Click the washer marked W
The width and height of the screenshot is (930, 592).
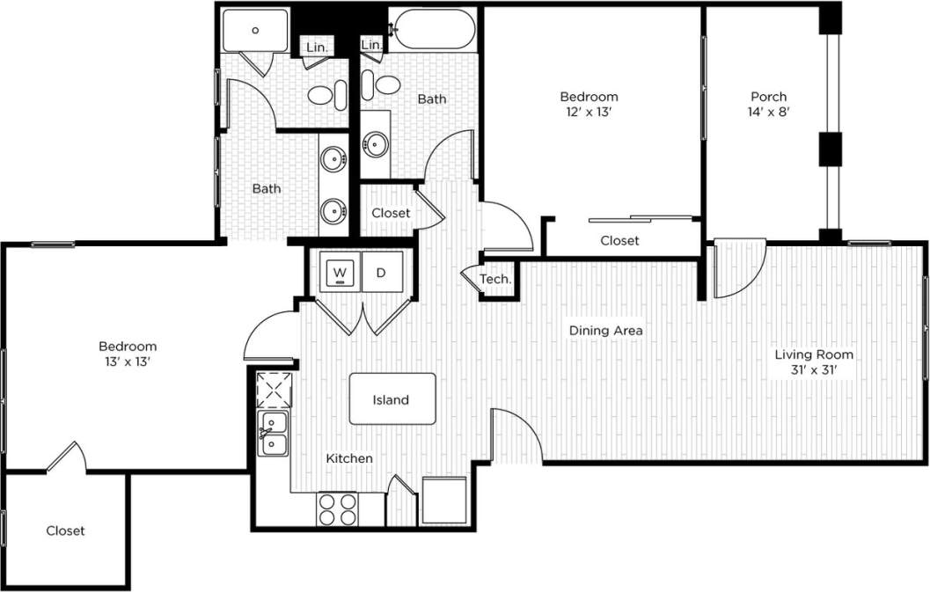tap(341, 272)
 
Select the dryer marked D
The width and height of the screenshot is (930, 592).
tap(381, 272)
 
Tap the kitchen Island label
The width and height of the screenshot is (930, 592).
tap(392, 399)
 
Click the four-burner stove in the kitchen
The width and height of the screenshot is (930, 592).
tap(338, 508)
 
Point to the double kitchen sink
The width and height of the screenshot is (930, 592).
tap(274, 434)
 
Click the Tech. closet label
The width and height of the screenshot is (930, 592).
tap(495, 279)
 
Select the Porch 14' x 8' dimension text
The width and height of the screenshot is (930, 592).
tap(768, 112)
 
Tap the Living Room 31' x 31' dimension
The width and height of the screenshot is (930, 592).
tap(814, 369)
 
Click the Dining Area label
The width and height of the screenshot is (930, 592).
tap(605, 331)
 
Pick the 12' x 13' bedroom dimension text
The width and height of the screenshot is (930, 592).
tap(589, 112)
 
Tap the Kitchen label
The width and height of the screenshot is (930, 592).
tap(349, 458)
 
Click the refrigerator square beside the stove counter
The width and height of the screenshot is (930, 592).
tap(444, 501)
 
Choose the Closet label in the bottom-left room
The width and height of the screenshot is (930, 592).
tap(65, 530)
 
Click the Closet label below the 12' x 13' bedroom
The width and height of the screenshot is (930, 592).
tap(619, 240)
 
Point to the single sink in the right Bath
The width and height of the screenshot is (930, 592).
tap(377, 143)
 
